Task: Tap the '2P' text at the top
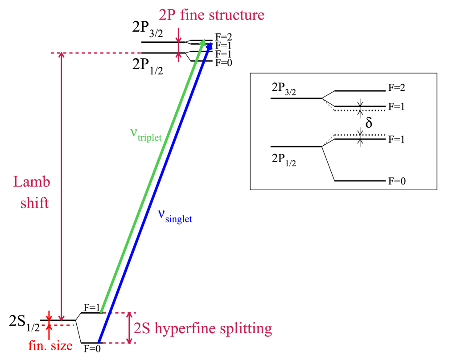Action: point(167,15)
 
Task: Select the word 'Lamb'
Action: point(31,182)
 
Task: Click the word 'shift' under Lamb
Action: point(35,203)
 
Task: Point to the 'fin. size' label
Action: point(50,345)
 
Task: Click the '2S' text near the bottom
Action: point(143,329)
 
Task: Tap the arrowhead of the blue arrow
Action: point(209,46)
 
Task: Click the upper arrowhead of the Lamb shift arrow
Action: point(62,56)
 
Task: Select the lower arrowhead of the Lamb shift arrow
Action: point(62,317)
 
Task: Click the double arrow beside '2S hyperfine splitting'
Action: point(129,327)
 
